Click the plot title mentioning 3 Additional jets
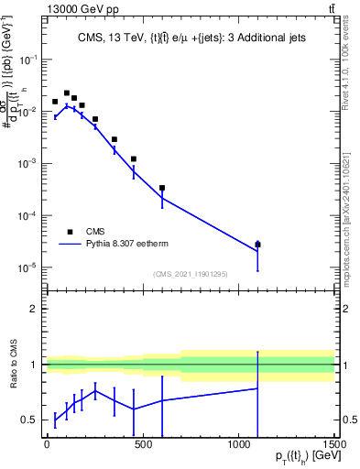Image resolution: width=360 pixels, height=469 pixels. pyautogui.click(x=189, y=38)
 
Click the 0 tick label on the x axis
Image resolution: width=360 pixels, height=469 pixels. pyautogui.click(x=46, y=444)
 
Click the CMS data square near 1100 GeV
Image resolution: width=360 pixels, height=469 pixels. pyautogui.click(x=257, y=245)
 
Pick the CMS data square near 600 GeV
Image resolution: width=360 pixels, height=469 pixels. pyautogui.click(x=161, y=188)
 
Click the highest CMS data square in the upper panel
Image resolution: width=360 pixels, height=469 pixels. pyautogui.click(x=67, y=93)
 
